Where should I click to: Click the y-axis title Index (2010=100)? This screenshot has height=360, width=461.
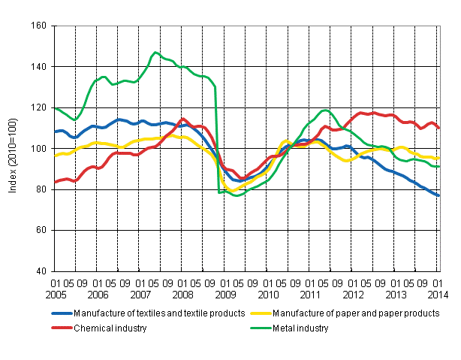pyautogui.click(x=13, y=149)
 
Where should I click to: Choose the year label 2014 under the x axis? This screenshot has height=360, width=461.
pyautogui.click(x=439, y=295)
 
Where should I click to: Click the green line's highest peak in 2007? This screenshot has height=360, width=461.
pyautogui.click(x=155, y=53)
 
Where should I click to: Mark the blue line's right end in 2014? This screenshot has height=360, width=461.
pyautogui.click(x=439, y=195)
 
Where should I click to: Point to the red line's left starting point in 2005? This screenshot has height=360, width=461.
pyautogui.click(x=55, y=182)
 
